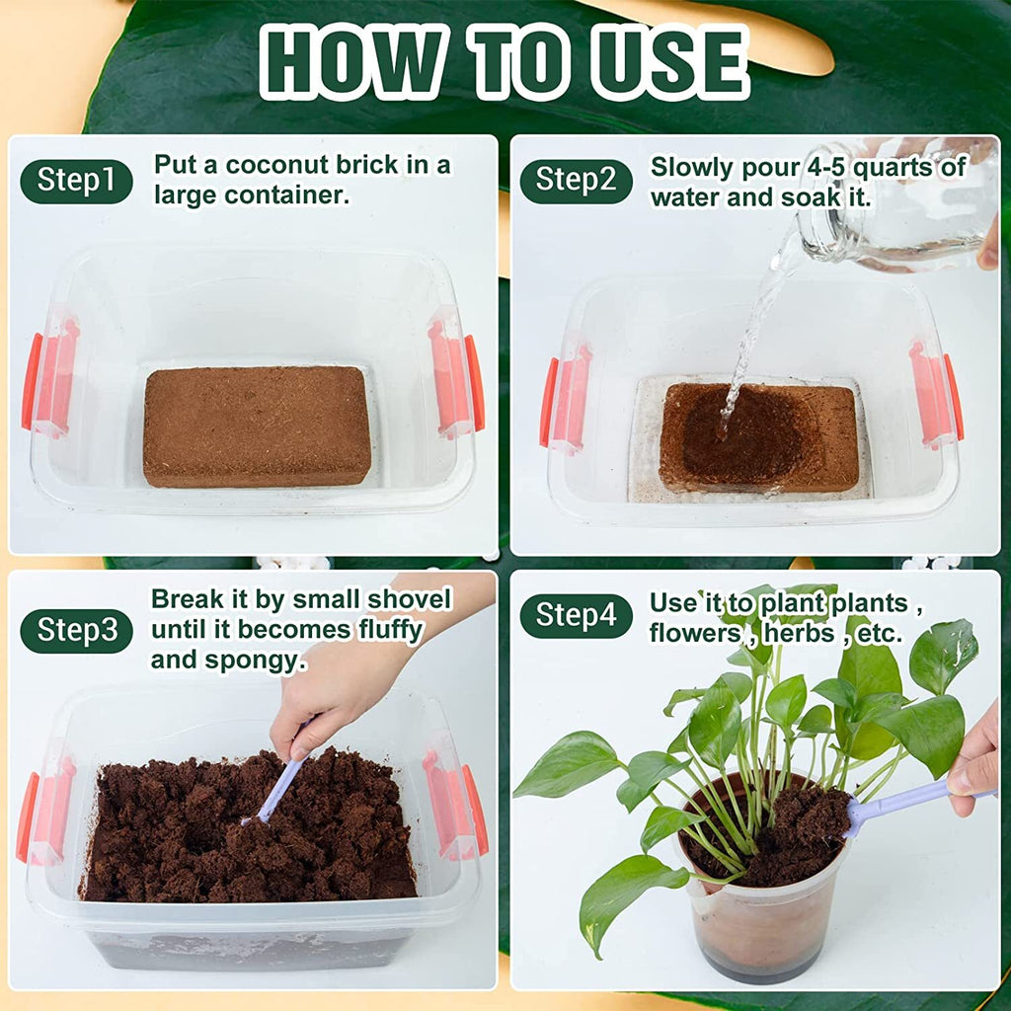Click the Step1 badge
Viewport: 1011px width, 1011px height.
pyautogui.click(x=76, y=182)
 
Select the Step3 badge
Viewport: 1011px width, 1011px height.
pyautogui.click(x=76, y=631)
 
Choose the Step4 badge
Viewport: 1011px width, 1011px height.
pyautogui.click(x=576, y=616)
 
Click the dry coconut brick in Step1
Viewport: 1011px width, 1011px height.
pyautogui.click(x=257, y=426)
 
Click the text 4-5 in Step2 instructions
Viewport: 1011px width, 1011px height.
pyautogui.click(x=836, y=167)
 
